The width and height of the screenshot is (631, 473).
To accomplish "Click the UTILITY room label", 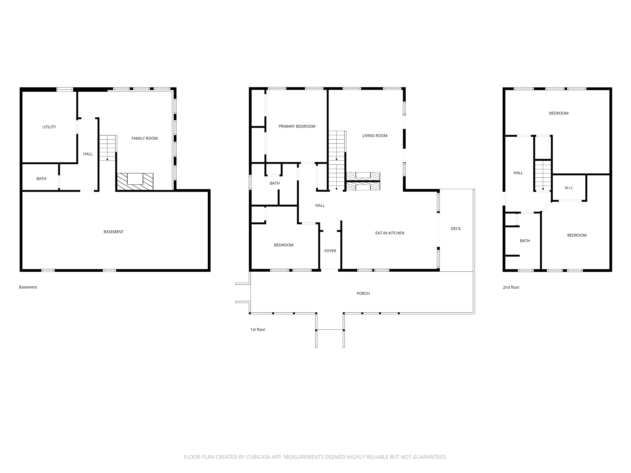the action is tap(49, 127).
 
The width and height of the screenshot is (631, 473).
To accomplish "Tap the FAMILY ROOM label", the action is tap(145, 138).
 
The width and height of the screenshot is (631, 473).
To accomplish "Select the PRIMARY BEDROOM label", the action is tap(297, 126).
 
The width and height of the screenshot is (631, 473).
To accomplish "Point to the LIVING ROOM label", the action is tap(375, 136).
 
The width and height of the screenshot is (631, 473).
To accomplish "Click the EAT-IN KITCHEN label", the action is tap(390, 233).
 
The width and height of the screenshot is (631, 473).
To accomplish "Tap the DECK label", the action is tap(456, 229).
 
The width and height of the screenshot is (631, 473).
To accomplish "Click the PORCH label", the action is tap(363, 293).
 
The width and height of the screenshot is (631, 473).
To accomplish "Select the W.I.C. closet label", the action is tap(569, 188).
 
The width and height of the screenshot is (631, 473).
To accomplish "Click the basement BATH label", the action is tap(41, 179).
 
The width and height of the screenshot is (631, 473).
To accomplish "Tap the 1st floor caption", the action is tap(258, 330).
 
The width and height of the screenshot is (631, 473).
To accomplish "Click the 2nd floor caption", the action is tap(511, 287).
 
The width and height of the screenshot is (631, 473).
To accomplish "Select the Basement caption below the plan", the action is tap(28, 287).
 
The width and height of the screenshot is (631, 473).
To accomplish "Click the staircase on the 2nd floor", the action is tap(543, 175).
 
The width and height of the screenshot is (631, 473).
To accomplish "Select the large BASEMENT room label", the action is tap(114, 232).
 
